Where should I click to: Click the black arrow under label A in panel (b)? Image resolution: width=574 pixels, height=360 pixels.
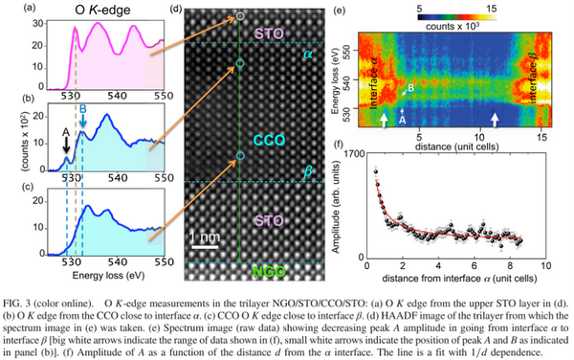65,145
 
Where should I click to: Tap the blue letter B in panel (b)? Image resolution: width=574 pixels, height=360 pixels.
83,108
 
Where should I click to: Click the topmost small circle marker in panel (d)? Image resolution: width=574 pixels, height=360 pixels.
241,16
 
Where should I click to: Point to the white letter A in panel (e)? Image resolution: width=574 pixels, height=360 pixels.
403,122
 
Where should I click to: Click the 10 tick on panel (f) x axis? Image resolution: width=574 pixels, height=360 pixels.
557,267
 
